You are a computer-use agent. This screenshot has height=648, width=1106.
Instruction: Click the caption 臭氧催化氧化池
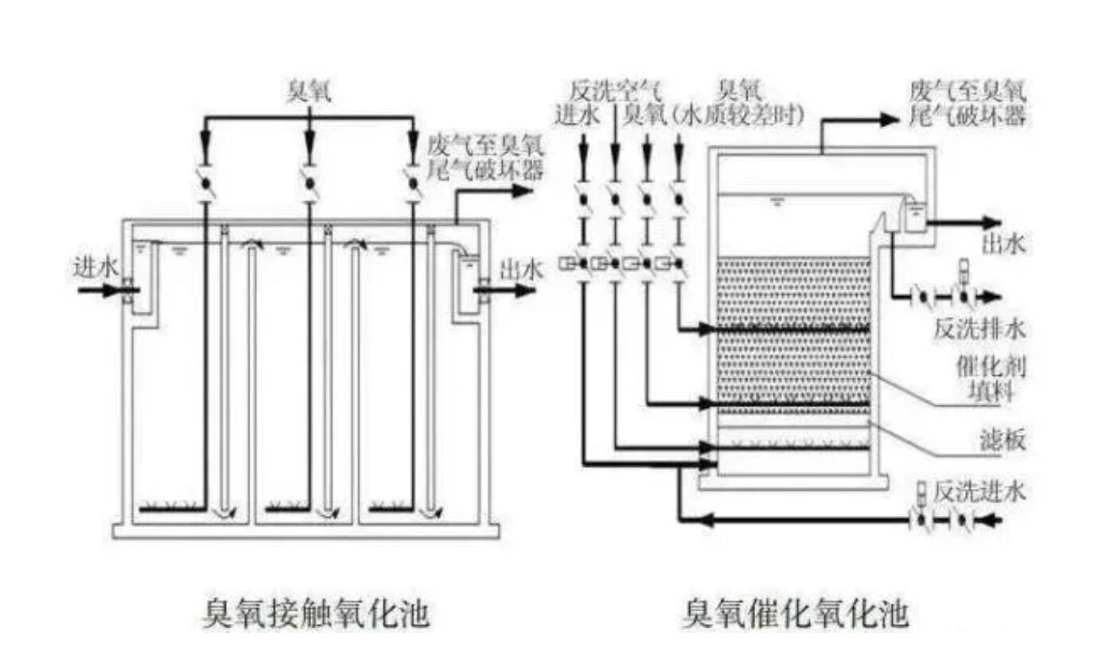(795, 614)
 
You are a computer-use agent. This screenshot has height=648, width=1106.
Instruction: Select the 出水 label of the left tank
(521, 270)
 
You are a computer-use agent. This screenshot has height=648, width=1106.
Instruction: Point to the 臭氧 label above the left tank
(309, 94)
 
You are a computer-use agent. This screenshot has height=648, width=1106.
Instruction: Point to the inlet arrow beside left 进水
(99, 290)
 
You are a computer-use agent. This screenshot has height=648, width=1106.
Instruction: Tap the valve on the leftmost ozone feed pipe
(205, 183)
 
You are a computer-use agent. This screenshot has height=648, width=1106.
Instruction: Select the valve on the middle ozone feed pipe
(309, 183)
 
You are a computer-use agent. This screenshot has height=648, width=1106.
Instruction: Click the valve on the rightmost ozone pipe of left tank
(412, 183)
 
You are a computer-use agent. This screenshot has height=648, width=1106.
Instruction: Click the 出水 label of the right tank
(1005, 245)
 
